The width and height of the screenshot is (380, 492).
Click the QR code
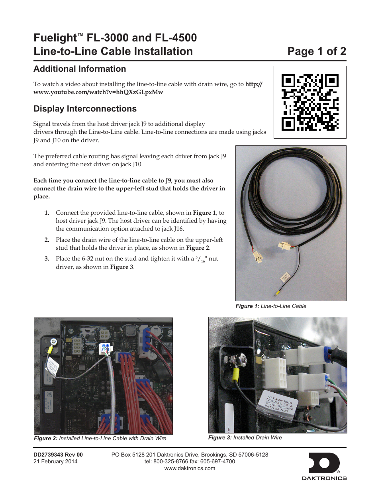point(310,102)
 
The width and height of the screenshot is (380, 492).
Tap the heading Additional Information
point(80,69)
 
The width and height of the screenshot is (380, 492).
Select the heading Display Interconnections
point(85,109)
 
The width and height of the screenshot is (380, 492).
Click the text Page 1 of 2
point(317,51)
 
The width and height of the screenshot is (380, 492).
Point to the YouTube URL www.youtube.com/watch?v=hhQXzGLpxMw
point(98,92)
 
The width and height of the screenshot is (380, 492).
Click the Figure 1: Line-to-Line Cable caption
point(271,306)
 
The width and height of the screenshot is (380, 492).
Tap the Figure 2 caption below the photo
point(100,438)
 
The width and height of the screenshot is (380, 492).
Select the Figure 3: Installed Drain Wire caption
point(245,437)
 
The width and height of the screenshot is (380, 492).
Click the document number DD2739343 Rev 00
point(58,455)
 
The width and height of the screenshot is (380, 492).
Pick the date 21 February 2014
point(55,461)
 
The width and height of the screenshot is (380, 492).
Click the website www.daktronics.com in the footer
point(190,468)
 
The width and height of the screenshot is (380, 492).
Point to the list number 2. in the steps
point(47,240)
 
